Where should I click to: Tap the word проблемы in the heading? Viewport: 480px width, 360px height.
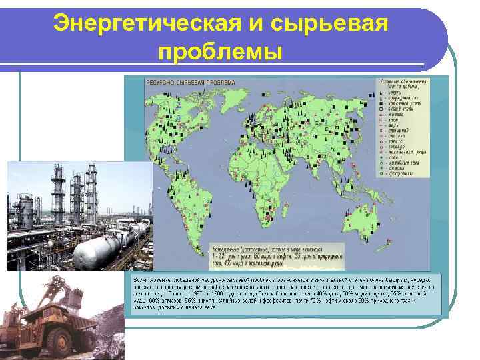(x=221, y=52)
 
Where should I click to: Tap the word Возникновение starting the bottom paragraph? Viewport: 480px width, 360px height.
(x=149, y=276)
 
